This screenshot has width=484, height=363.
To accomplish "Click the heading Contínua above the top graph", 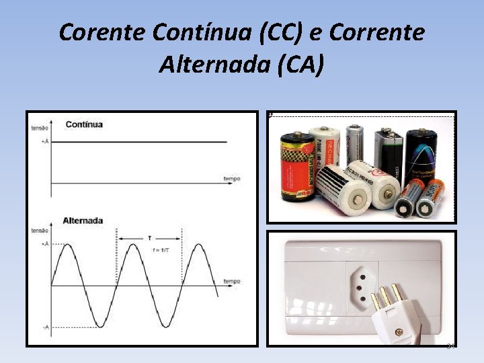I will pyautogui.click(x=83, y=124).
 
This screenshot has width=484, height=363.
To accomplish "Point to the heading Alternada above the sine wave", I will pyautogui.click(x=83, y=220).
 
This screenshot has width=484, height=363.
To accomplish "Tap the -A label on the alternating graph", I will pyautogui.click(x=45, y=327).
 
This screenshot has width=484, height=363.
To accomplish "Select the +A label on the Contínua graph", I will pyautogui.click(x=44, y=142).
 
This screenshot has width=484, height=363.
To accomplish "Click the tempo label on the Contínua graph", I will pyautogui.click(x=232, y=178).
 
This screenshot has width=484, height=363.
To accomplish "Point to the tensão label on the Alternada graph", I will pyautogui.click(x=40, y=231).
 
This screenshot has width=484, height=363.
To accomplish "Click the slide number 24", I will pyautogui.click(x=450, y=346).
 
